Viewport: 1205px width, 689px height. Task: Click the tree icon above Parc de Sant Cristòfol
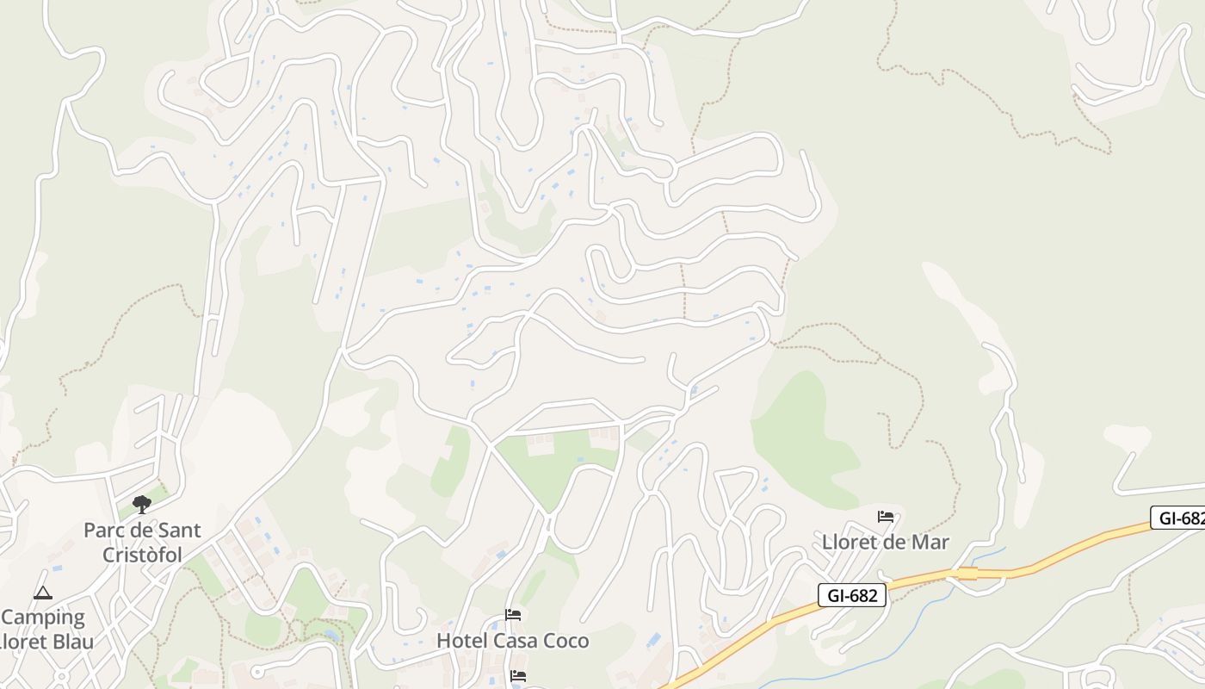(142, 505)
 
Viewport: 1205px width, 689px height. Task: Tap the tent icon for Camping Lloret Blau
(42, 593)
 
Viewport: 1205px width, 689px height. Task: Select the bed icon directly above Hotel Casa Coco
(513, 615)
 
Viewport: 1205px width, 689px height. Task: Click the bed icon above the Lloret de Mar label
(886, 517)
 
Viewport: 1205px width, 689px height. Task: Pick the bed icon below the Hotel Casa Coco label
(518, 676)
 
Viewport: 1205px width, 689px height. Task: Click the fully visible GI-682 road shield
(851, 594)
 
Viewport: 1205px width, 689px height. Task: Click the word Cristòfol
(142, 555)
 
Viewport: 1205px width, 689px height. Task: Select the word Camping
(43, 618)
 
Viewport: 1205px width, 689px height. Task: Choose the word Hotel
(463, 641)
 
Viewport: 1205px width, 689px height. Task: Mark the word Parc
(102, 531)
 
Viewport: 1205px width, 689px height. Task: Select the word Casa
(514, 641)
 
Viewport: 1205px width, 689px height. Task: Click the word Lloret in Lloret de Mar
(850, 542)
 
